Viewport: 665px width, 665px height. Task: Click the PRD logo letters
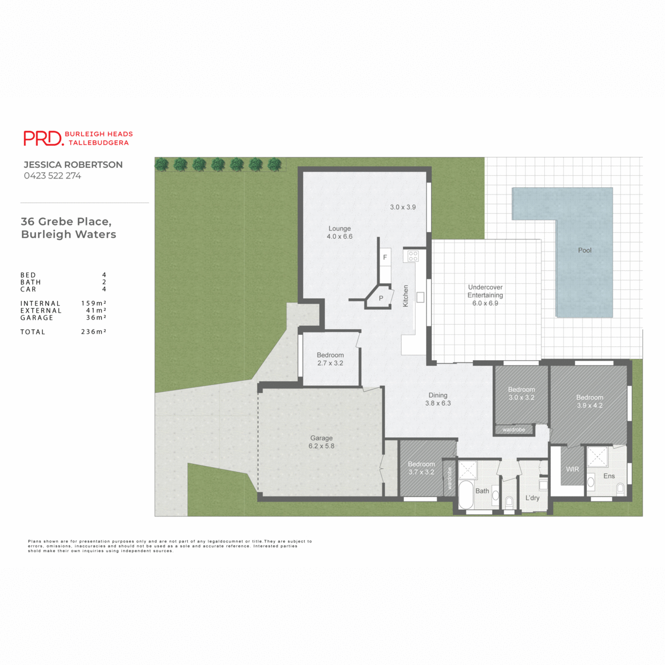43,138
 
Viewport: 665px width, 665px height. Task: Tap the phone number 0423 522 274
52,176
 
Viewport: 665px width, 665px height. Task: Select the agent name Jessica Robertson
73,165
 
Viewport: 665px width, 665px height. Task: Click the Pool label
585,250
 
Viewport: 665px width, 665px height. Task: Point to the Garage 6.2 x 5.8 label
321,442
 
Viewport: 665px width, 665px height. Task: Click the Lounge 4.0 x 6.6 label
340,232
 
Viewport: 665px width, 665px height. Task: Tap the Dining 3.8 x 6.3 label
438,400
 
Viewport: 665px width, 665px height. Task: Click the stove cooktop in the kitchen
413,256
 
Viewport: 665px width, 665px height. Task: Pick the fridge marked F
385,258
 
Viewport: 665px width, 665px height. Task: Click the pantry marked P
381,298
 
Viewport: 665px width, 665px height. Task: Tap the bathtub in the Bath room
465,494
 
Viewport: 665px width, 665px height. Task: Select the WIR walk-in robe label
572,469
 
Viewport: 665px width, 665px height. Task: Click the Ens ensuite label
609,476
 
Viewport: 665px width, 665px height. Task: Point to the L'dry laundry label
532,498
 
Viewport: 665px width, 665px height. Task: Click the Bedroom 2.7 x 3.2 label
330,359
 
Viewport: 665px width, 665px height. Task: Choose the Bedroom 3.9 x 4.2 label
590,401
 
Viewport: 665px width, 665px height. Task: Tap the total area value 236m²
94,332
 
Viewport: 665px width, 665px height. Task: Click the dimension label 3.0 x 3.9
403,207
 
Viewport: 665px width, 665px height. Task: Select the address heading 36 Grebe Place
66,222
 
